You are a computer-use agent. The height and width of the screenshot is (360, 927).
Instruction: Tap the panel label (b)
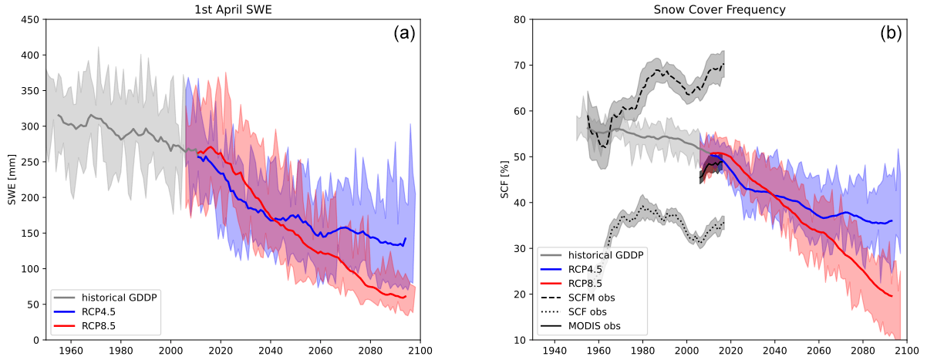click(892, 33)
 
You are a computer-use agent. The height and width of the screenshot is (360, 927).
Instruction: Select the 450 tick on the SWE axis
click(30, 20)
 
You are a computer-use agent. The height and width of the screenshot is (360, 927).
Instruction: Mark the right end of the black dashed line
click(724, 64)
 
